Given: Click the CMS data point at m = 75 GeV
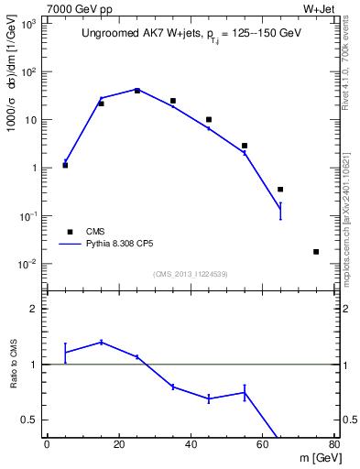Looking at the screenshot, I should [x=316, y=252].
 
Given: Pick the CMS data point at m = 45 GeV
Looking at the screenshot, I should [x=209, y=120].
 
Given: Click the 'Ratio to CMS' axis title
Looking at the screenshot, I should [x=14, y=364].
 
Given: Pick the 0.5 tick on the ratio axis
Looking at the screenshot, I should [x=31, y=420].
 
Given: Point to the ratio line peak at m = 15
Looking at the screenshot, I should [x=101, y=342].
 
